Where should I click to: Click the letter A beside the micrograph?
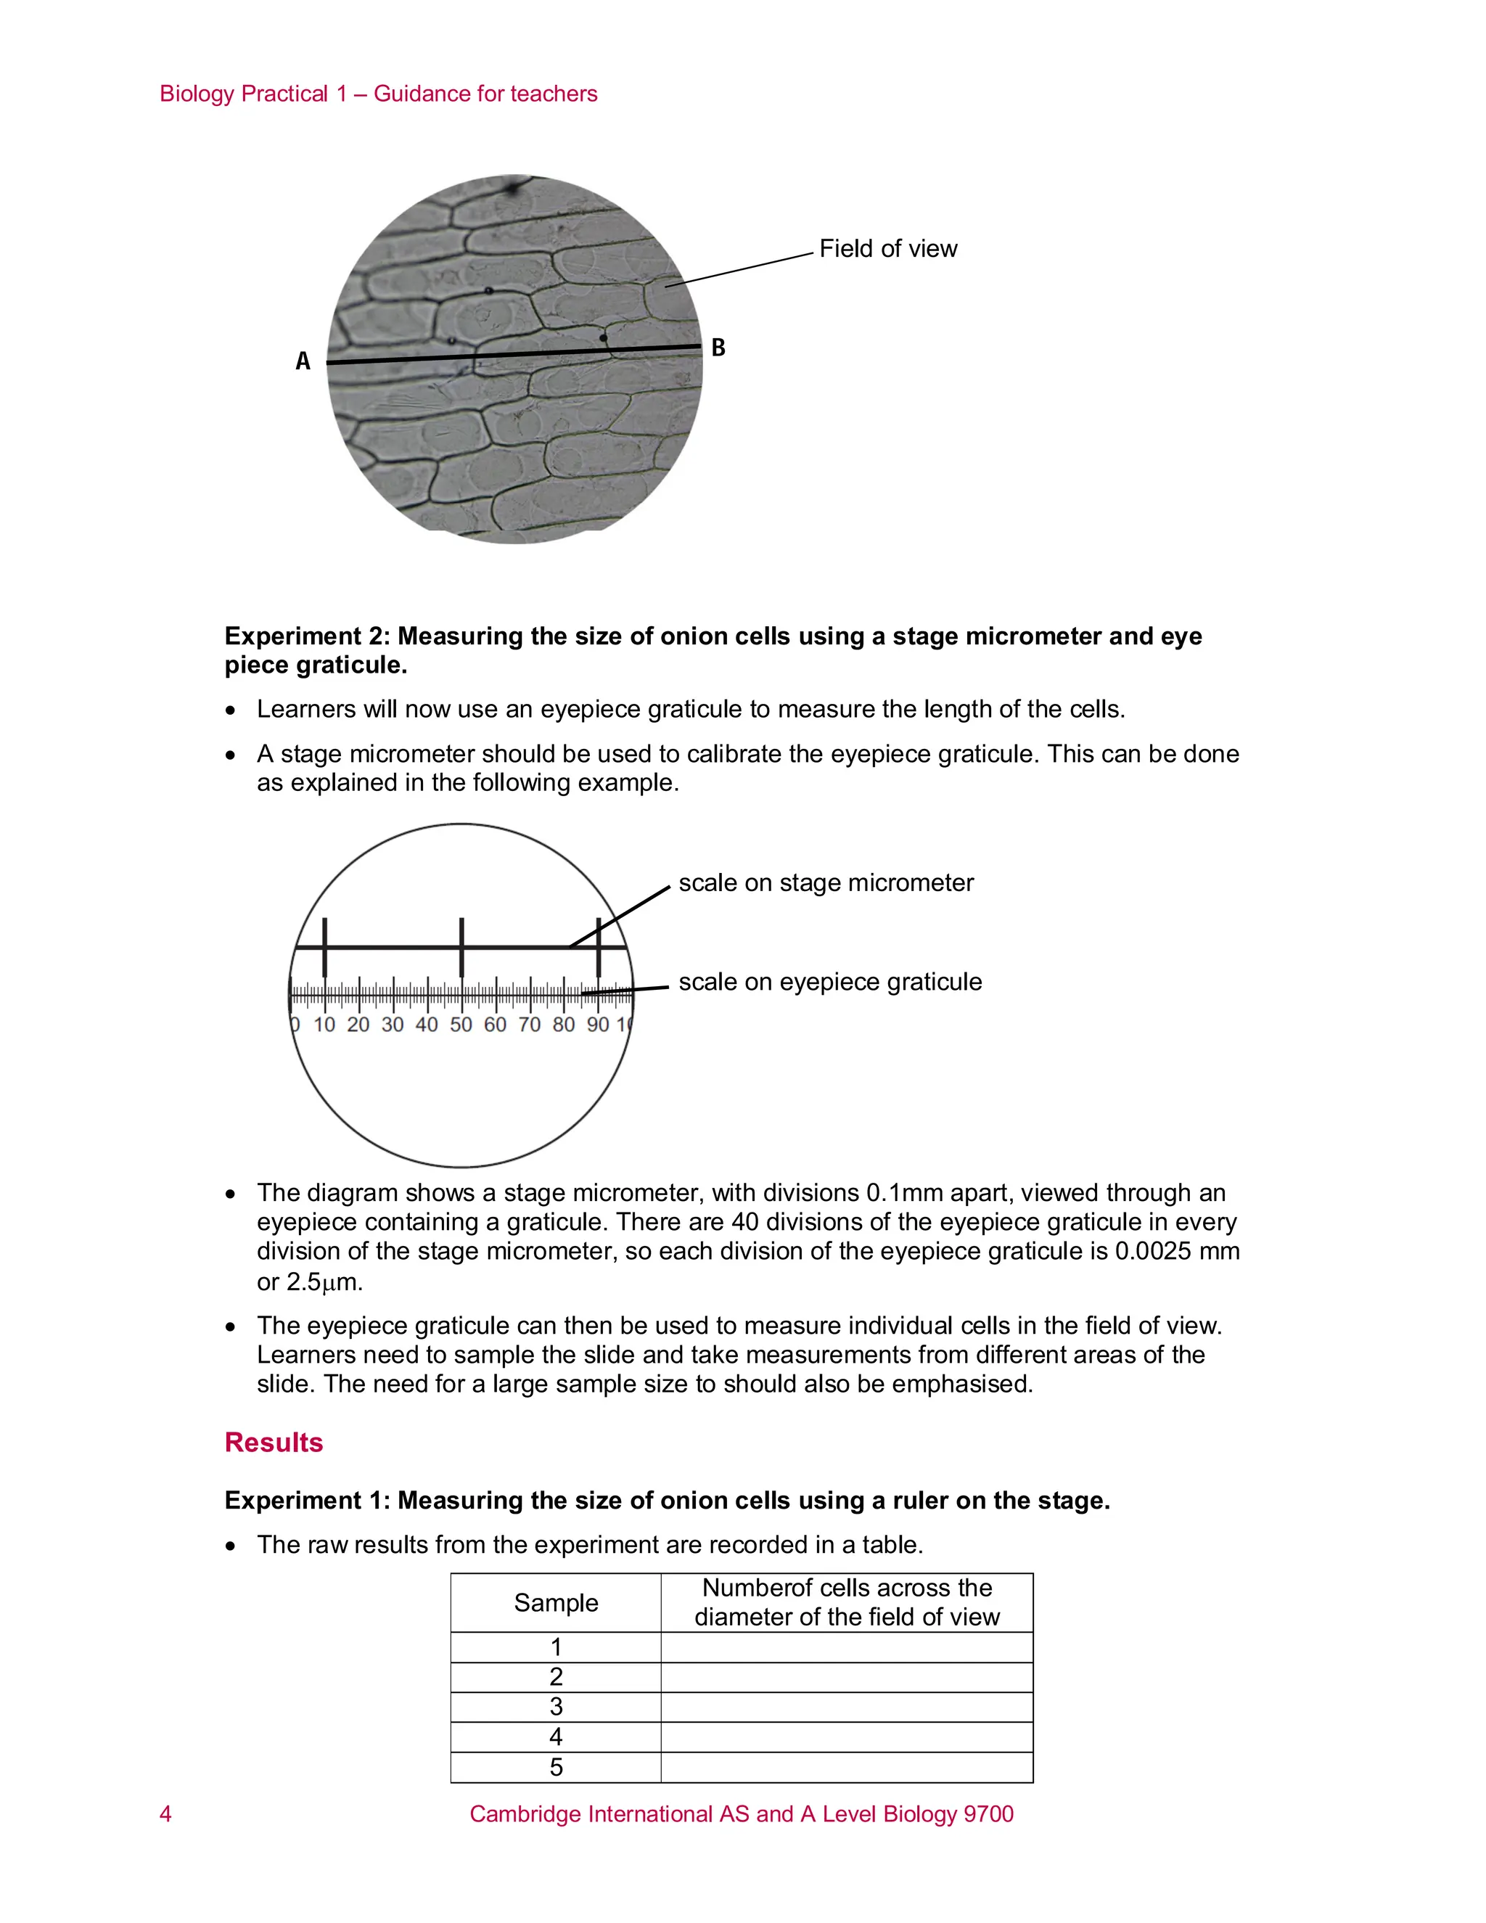(303, 361)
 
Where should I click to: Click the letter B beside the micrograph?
(718, 348)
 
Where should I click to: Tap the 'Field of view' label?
(887, 249)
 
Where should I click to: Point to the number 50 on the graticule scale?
(461, 1025)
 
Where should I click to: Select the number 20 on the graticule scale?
(358, 1025)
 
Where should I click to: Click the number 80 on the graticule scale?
(563, 1025)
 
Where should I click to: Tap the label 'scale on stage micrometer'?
(826, 883)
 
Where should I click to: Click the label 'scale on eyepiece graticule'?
(829, 982)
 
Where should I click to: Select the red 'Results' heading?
(274, 1443)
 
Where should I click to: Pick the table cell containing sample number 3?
(556, 1707)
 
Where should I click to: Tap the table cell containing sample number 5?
(556, 1767)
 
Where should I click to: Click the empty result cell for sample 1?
(846, 1647)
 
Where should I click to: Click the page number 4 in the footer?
(165, 1814)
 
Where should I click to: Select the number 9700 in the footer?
(988, 1814)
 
